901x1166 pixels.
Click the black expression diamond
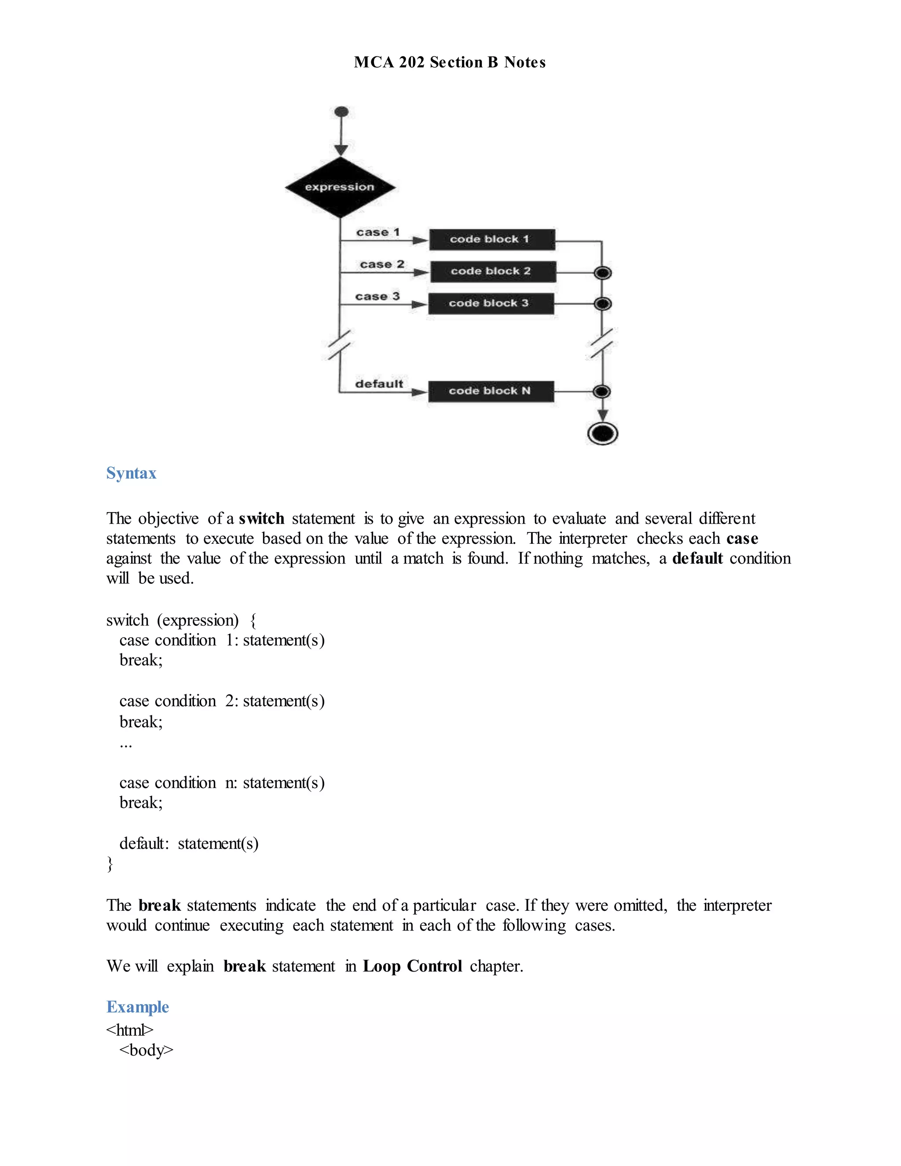pos(340,187)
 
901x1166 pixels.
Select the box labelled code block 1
pos(491,239)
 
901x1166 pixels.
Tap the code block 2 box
pos(493,271)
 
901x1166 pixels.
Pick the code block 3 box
pos(491,303)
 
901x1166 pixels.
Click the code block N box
pos(491,391)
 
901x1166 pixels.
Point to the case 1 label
pos(377,232)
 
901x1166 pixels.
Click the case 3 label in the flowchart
pos(377,296)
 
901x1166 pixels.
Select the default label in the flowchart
pos(379,384)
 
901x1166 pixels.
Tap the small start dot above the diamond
pos(341,112)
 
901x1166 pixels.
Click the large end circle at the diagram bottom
pos(602,433)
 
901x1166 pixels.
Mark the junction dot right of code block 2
pos(603,273)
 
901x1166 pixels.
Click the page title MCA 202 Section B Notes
pos(450,62)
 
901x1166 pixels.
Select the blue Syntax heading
pos(131,473)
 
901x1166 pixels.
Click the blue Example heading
pos(138,1006)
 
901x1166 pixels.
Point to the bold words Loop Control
pos(412,966)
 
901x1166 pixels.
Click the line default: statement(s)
pos(189,843)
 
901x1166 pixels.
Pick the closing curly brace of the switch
pos(110,863)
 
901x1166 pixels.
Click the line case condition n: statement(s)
pos(222,782)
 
